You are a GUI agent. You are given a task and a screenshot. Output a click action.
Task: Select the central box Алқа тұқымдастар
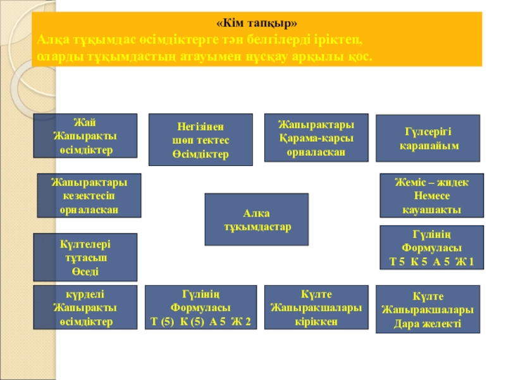(256, 220)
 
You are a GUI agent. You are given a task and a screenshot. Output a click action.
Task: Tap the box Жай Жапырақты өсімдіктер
(85, 135)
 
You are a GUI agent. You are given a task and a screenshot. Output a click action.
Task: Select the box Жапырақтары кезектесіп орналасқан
(89, 196)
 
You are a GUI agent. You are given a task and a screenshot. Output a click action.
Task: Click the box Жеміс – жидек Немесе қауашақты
(432, 196)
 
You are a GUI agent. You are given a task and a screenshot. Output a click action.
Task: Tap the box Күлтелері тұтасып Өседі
(85, 257)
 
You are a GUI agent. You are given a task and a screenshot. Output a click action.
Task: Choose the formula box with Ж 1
(432, 247)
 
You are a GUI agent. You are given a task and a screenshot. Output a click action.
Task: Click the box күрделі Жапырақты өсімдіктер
(85, 307)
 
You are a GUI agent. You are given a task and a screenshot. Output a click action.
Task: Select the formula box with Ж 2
(201, 307)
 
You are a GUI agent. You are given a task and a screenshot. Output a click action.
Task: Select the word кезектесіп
(89, 196)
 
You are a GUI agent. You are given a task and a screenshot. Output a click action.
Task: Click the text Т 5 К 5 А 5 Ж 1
(432, 261)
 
